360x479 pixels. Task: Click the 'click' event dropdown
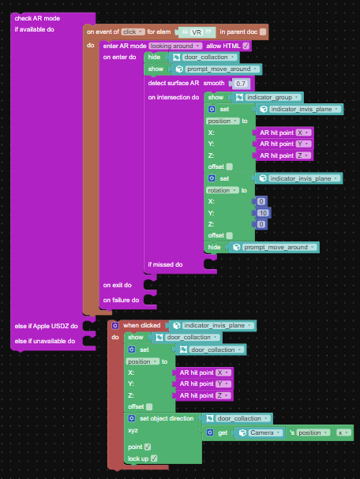[x=133, y=32]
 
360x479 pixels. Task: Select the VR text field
[x=197, y=32]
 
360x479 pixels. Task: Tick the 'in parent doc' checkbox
[x=263, y=32]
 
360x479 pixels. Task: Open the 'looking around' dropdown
[x=176, y=46]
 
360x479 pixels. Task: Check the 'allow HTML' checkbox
[x=246, y=46]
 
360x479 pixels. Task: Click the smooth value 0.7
[x=241, y=84]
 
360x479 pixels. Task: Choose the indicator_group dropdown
[x=273, y=97]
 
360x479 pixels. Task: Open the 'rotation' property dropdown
[x=222, y=190]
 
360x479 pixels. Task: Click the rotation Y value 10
[x=263, y=213]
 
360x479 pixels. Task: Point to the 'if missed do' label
[x=165, y=264]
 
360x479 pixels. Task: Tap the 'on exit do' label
[x=118, y=285]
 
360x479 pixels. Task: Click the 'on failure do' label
[x=121, y=300]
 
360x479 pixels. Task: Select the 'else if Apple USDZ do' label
[x=46, y=326]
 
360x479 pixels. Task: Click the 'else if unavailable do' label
[x=45, y=341]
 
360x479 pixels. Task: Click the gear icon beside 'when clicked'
[x=115, y=326]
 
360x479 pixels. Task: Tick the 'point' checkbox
[x=148, y=447]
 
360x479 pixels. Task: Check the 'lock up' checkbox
[x=154, y=458]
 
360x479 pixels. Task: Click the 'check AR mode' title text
[x=37, y=18]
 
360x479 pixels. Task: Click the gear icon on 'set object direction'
[x=132, y=418]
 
